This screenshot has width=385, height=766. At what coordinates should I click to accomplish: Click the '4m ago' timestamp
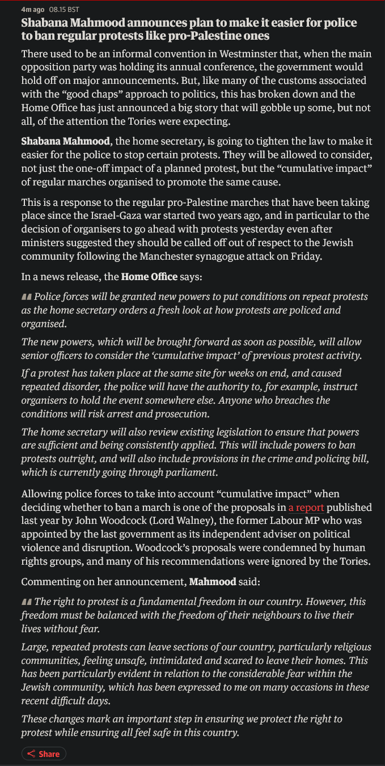pyautogui.click(x=33, y=10)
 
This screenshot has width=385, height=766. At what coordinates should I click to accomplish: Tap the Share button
pyautogui.click(x=44, y=754)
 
